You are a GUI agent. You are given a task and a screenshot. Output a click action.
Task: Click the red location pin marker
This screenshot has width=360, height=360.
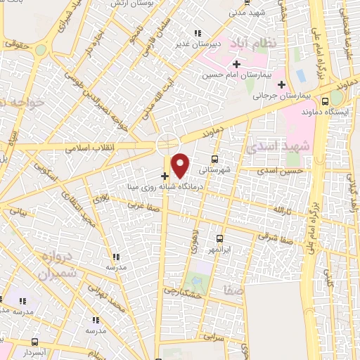click(181, 165)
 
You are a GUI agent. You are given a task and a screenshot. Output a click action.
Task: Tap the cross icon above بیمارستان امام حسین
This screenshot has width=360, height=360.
click(237, 64)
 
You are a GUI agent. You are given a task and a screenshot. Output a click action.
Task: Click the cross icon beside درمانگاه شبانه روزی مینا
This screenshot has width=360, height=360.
click(165, 176)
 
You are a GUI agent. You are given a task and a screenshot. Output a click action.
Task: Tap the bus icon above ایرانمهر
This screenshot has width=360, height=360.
click(220, 239)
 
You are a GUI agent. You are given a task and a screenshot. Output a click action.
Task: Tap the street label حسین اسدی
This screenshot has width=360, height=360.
click(281, 171)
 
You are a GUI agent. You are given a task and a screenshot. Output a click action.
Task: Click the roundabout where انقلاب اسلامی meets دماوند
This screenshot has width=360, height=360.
click(167, 142)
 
